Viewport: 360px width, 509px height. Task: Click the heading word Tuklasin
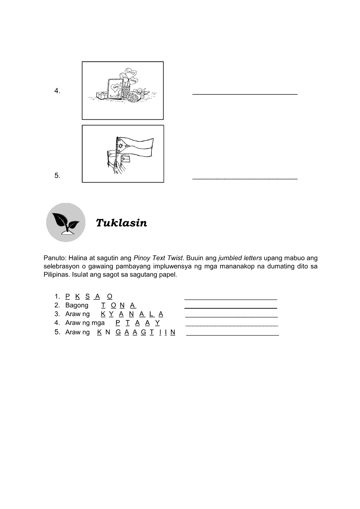121,223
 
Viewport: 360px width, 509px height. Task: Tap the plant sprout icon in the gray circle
66,222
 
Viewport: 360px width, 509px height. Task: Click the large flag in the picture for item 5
135,148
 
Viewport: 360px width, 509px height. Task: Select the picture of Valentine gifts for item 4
123,91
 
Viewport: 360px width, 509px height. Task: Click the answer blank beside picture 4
245,93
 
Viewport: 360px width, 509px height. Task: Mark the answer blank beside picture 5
245,178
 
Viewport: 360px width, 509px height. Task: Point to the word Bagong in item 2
77,305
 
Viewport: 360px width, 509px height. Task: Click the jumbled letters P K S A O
89,296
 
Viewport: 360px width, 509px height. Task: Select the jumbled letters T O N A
119,305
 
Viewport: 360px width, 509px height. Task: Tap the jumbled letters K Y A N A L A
132,314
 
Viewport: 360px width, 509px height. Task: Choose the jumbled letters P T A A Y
138,323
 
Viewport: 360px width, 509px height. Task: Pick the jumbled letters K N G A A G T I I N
136,332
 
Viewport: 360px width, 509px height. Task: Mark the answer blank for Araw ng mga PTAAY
232,325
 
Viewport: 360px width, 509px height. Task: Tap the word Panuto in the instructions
54,257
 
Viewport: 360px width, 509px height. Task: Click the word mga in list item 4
98,323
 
